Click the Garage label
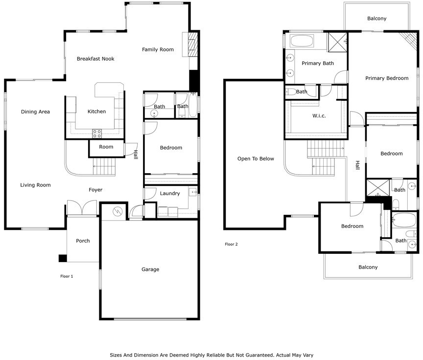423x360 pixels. click(x=150, y=269)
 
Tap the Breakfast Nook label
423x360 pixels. click(x=95, y=59)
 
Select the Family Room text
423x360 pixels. click(x=158, y=49)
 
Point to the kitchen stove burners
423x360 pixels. click(x=97, y=134)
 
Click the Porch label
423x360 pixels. click(x=83, y=241)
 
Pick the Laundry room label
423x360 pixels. click(x=170, y=194)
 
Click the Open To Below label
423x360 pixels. click(x=256, y=158)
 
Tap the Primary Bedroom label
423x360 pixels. click(x=387, y=78)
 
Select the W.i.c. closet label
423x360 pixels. click(x=319, y=116)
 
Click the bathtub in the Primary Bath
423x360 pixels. click(x=302, y=41)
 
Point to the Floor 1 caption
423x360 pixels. click(x=67, y=276)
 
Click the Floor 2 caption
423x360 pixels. click(x=231, y=244)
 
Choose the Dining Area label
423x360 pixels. click(x=35, y=112)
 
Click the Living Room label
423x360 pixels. click(x=35, y=185)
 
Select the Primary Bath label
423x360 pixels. click(x=318, y=63)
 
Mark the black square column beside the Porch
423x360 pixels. click(x=63, y=258)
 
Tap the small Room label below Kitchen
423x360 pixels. click(x=106, y=147)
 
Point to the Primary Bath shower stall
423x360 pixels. click(x=337, y=42)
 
